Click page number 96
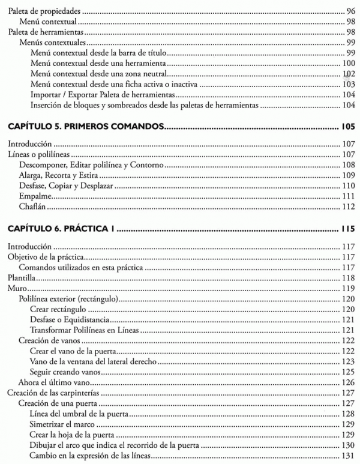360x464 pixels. [x=351, y=11]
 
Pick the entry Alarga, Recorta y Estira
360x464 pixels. [x=57, y=175]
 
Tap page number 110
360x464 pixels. [x=349, y=186]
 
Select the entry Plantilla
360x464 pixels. [x=20, y=278]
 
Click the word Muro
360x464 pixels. [x=15, y=289]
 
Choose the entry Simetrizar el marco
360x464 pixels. [x=63, y=424]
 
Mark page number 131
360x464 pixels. [x=349, y=456]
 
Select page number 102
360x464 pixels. [x=349, y=74]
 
